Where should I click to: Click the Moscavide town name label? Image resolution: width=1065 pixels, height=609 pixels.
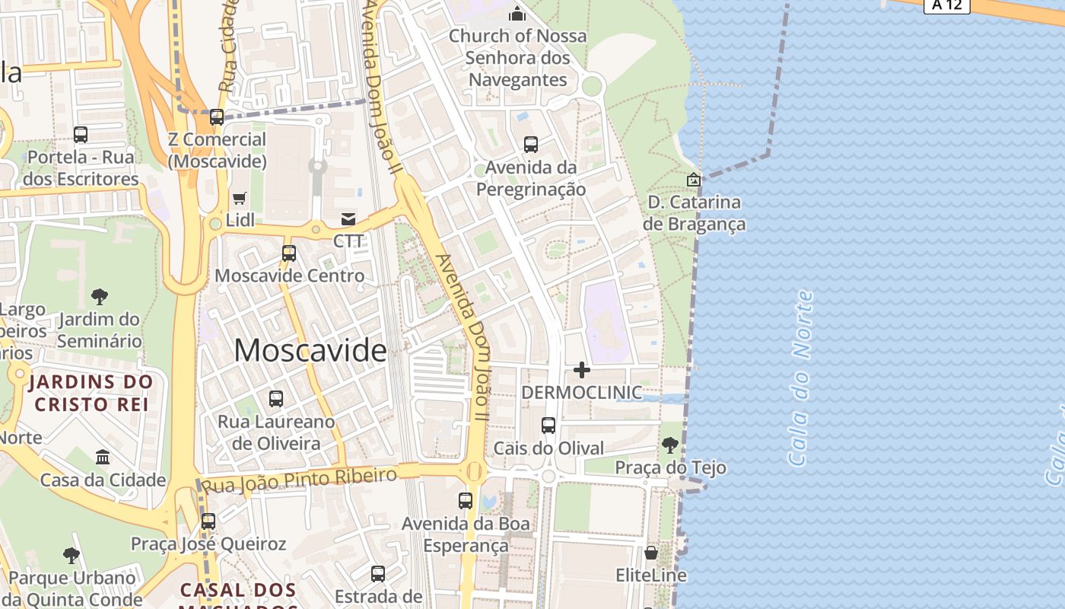310,350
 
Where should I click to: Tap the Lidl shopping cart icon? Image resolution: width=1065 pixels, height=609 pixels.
240,198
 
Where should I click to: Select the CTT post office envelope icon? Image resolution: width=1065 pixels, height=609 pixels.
348,219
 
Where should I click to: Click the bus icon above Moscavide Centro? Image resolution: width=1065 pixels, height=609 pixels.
288,253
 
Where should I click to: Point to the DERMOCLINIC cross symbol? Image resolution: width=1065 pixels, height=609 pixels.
582,370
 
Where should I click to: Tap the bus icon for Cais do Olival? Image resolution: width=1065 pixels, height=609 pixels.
548,426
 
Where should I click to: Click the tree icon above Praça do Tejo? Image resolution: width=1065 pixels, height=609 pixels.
670,445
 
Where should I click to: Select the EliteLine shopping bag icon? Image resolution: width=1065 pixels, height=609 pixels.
651,553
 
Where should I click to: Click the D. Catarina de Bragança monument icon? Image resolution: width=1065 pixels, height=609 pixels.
694,180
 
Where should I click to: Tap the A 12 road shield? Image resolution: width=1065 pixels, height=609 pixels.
947,5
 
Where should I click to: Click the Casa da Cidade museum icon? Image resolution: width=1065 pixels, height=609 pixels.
103,457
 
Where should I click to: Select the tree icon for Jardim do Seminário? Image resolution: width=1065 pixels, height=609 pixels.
99,296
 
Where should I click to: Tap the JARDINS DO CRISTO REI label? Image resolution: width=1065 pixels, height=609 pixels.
91,393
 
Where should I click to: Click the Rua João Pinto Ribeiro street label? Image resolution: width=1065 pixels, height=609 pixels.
299,480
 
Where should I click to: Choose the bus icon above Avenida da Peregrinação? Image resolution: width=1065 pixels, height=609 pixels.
531,144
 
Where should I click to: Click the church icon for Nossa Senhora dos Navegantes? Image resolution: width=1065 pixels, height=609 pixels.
517,14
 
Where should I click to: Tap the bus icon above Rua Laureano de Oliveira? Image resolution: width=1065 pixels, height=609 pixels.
276,398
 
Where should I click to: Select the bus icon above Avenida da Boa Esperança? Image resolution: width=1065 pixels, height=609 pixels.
466,500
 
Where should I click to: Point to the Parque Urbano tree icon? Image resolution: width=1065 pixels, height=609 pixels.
72,555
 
